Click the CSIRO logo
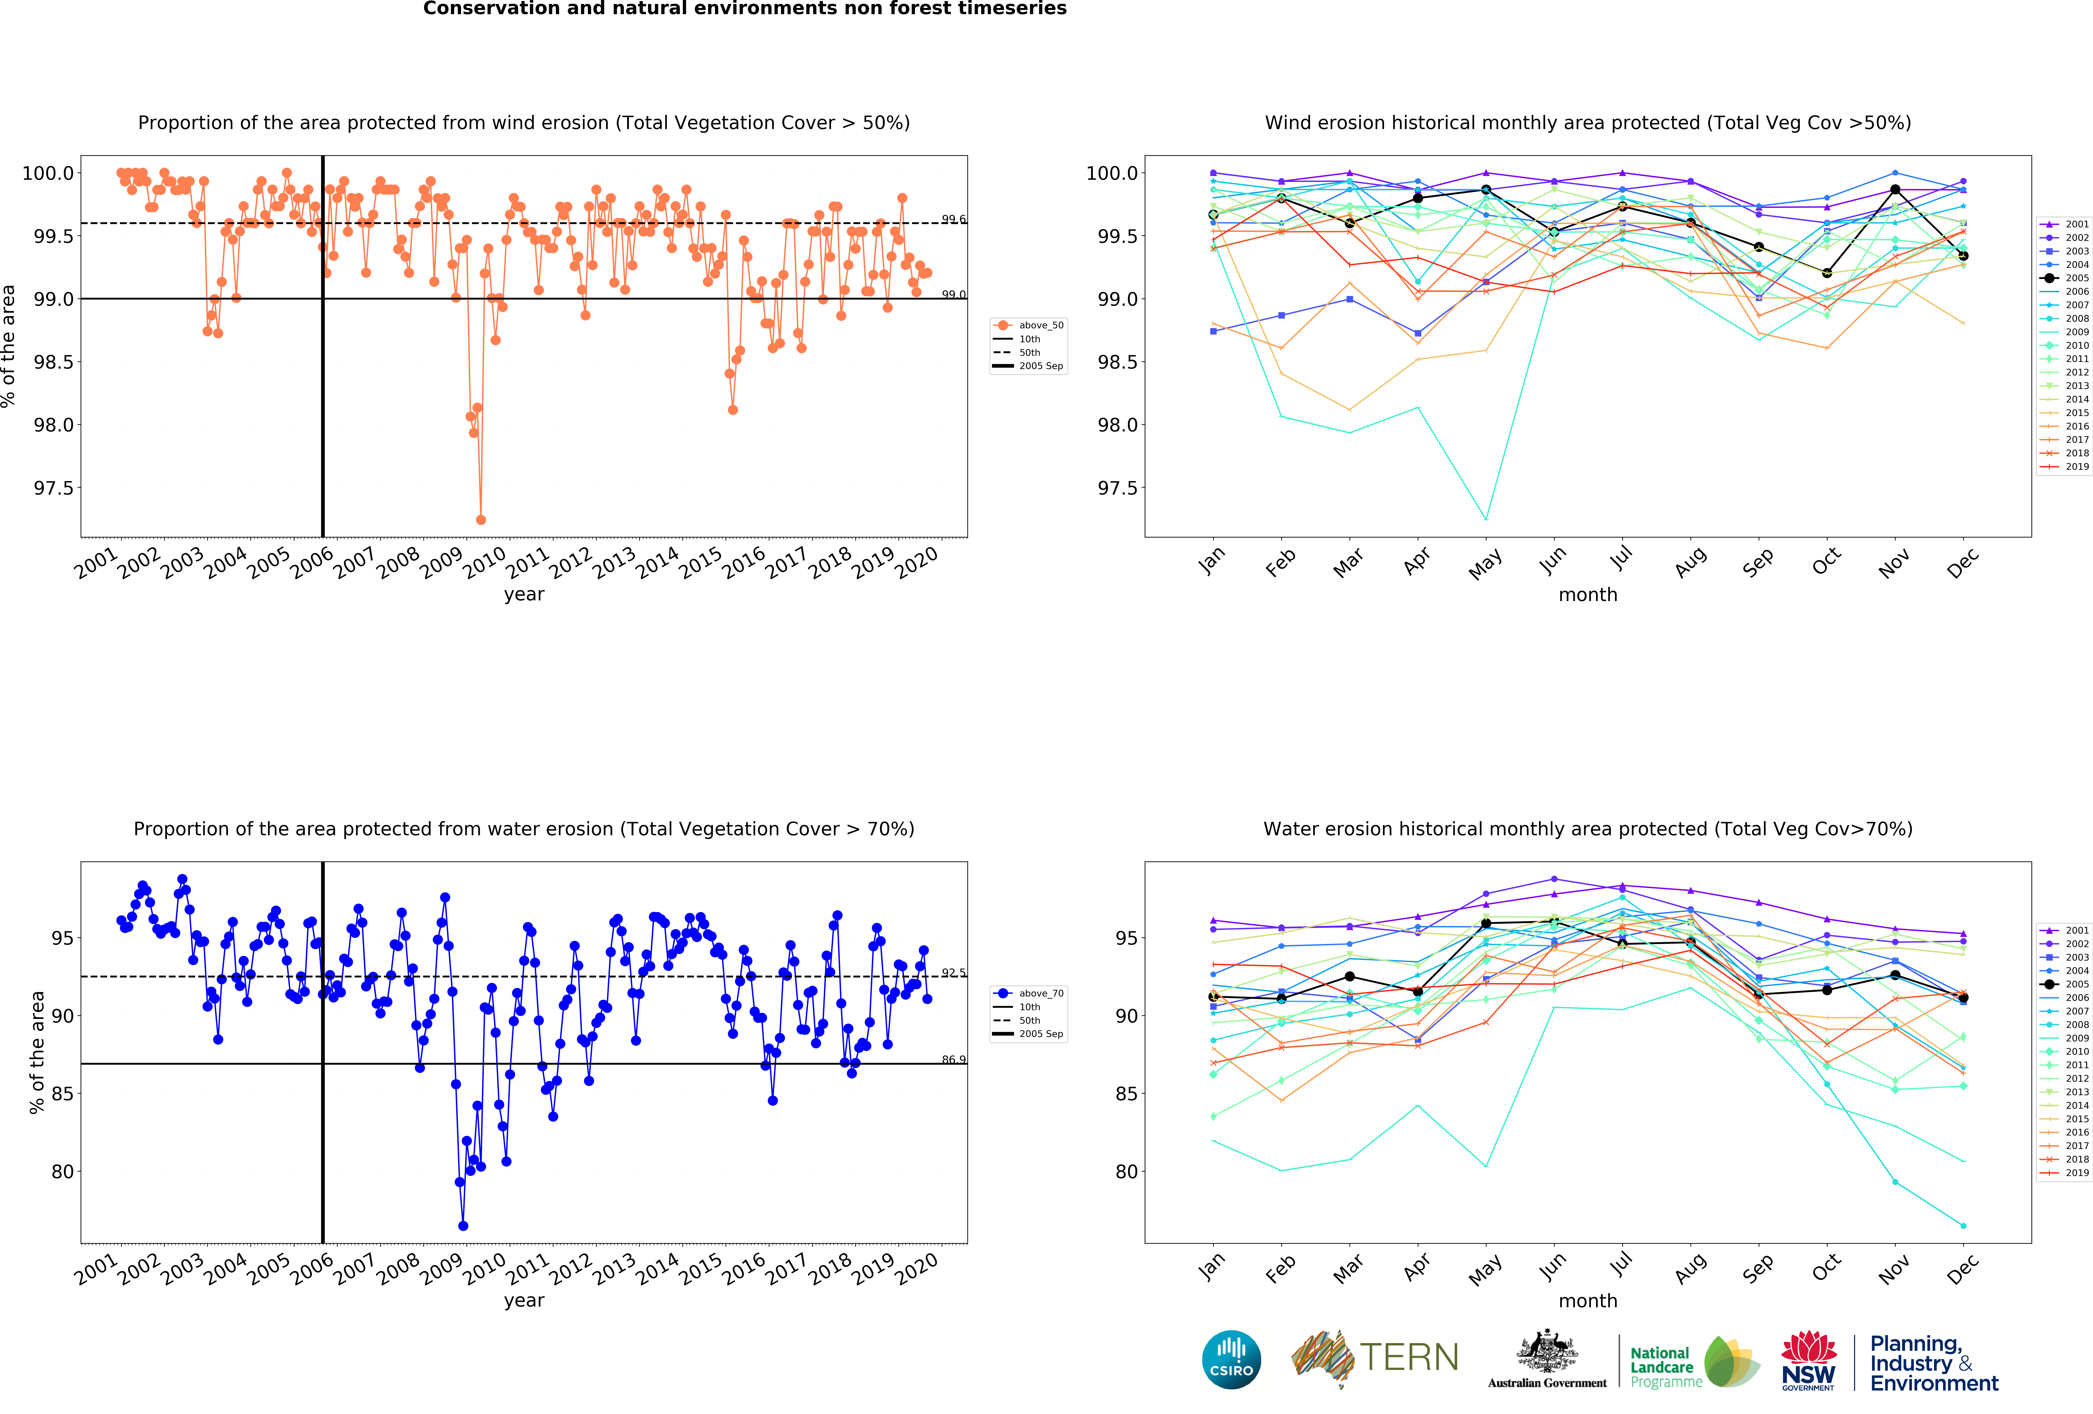tap(1231, 1359)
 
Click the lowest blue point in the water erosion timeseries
tap(463, 1226)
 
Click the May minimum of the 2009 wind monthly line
tap(1486, 519)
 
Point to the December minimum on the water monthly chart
tap(1963, 1226)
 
